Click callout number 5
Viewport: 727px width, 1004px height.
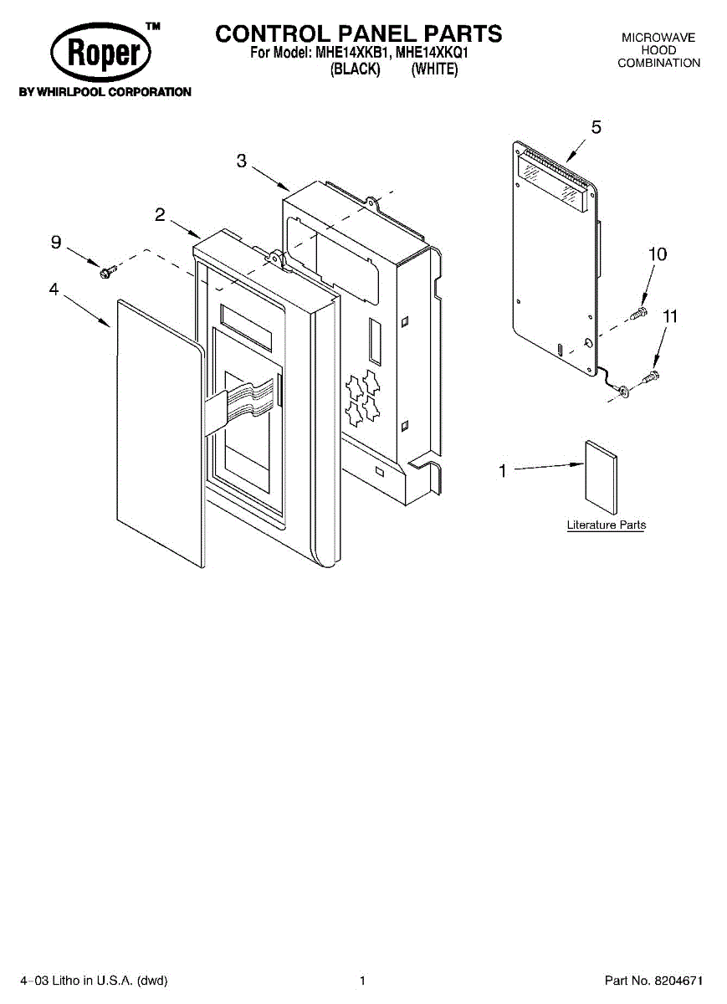click(596, 127)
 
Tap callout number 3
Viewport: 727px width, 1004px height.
click(242, 161)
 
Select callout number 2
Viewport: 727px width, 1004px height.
click(159, 215)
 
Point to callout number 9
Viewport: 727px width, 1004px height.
click(56, 243)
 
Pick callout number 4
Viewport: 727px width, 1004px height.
click(54, 289)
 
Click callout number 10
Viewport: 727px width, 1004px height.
click(658, 254)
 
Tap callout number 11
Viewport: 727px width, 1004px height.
click(669, 317)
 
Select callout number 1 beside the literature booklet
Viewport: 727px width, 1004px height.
click(503, 472)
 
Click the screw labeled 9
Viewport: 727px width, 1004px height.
click(106, 270)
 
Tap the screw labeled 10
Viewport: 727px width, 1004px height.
click(639, 314)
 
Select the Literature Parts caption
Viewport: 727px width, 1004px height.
click(606, 525)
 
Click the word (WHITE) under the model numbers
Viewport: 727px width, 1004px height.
click(434, 70)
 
